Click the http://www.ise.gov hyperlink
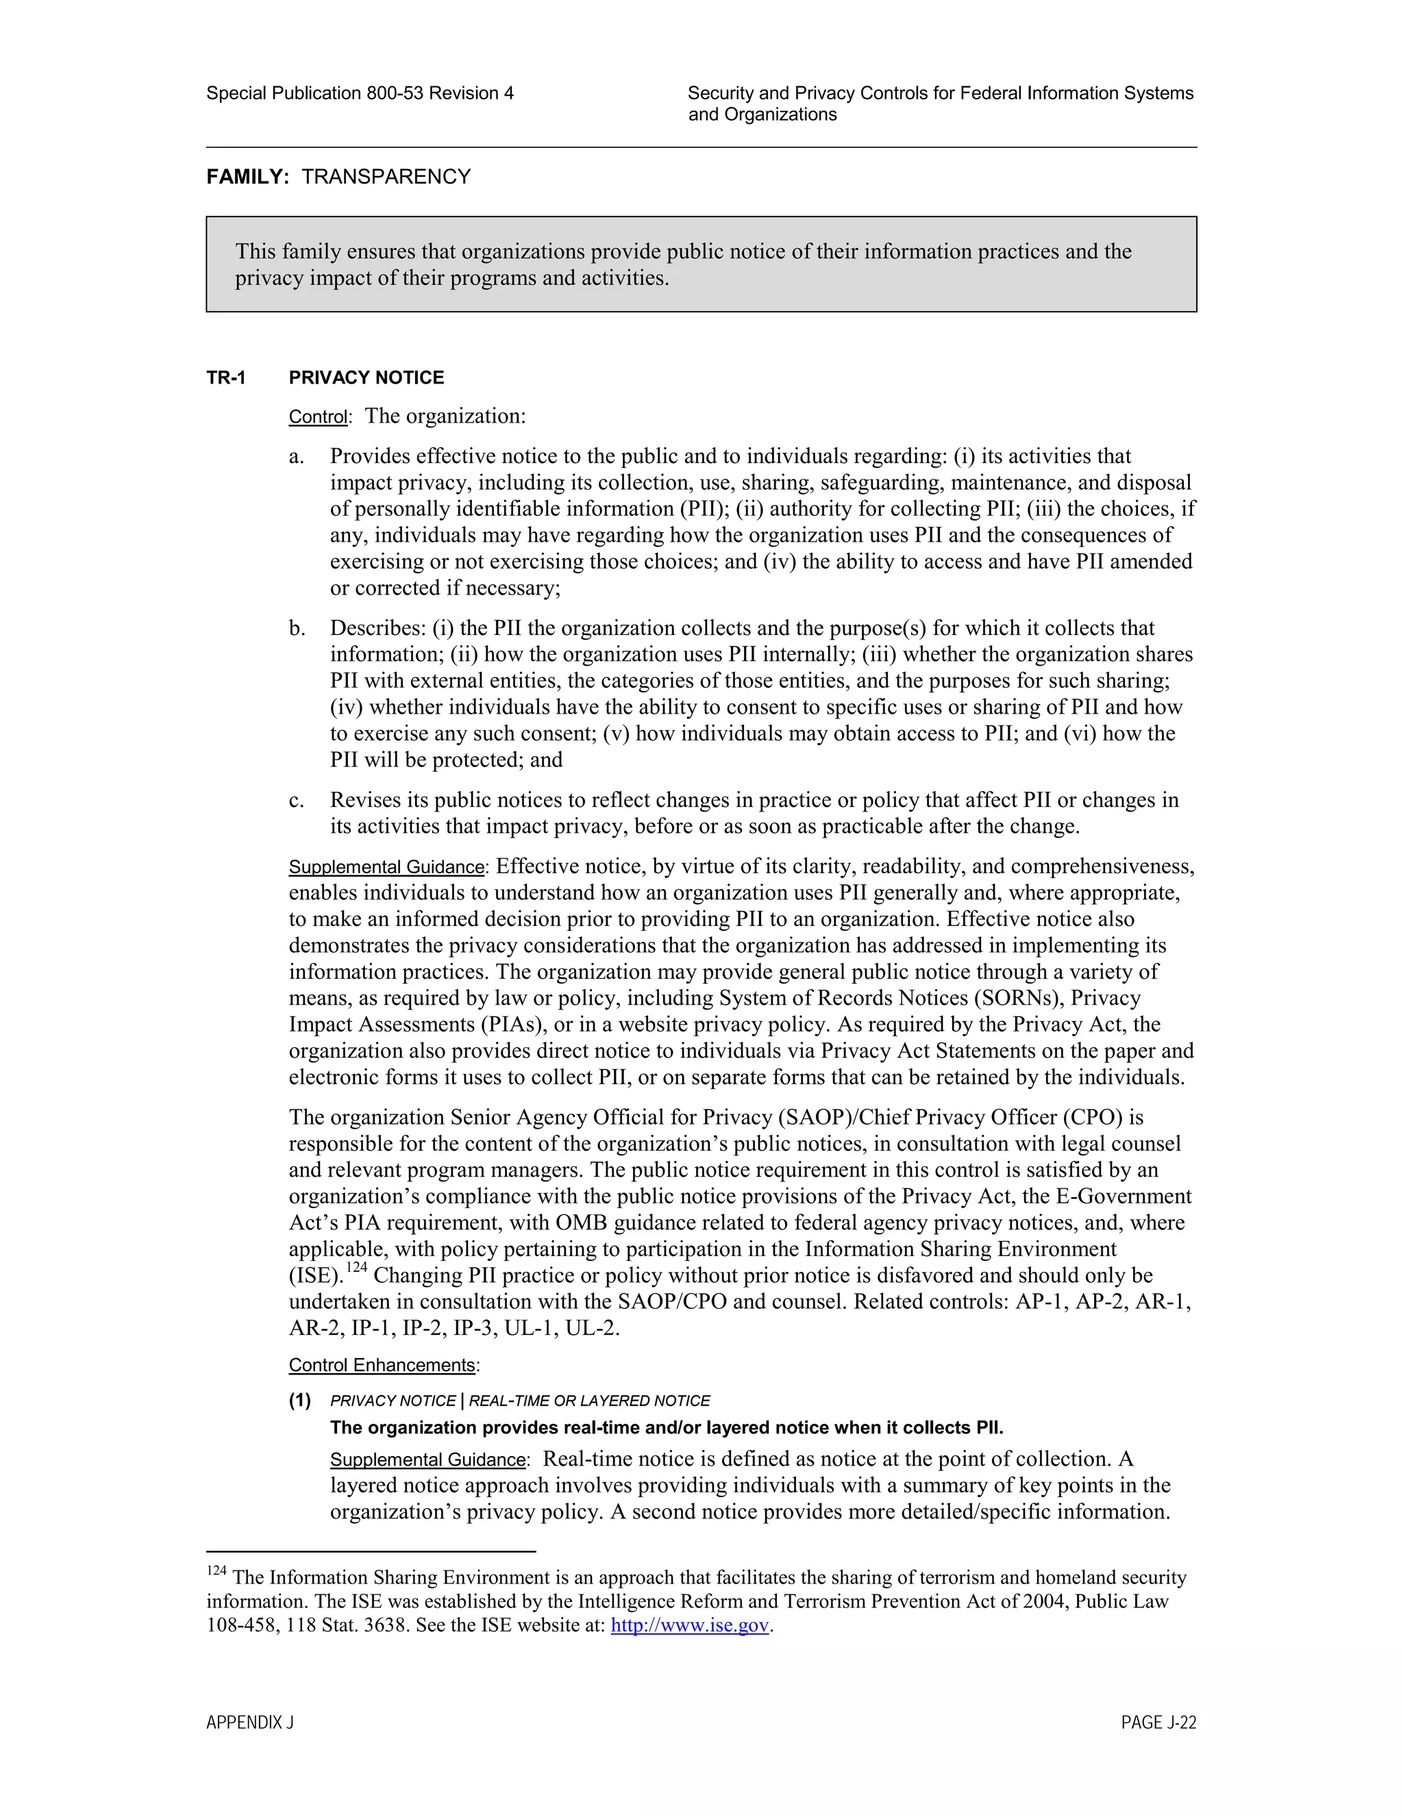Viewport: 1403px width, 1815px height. click(x=689, y=1625)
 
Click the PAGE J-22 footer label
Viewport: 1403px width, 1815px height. click(x=1158, y=1723)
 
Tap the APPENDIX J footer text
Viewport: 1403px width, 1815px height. click(x=250, y=1723)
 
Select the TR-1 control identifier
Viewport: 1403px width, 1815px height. click(x=226, y=378)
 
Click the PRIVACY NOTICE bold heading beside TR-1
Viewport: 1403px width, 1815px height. click(x=366, y=378)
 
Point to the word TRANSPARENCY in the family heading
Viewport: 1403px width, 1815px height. click(x=386, y=177)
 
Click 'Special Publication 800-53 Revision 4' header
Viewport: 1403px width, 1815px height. click(x=360, y=93)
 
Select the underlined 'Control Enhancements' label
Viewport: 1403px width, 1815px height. click(x=382, y=1366)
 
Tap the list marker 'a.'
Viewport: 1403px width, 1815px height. click(x=297, y=457)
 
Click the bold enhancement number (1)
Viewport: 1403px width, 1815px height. click(x=300, y=1401)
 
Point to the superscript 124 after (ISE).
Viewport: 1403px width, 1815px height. click(x=356, y=1267)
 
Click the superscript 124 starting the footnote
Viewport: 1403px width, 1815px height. click(x=216, y=1570)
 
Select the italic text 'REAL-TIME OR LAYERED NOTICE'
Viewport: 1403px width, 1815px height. click(x=589, y=1401)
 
